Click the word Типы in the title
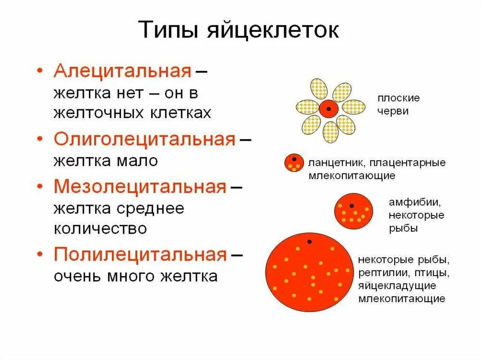[169, 31]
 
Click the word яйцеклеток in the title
[273, 31]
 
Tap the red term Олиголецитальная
[144, 139]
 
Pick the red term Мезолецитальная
[140, 187]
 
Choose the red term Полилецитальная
[140, 255]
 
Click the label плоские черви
[398, 105]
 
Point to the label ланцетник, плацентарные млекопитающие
[377, 169]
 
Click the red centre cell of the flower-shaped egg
[329, 109]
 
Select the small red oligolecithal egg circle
[294, 162]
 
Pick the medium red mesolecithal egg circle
[354, 211]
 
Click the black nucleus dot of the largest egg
[310, 242]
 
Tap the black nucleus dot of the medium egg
[351, 205]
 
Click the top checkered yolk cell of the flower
[319, 89]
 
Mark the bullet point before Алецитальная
[40, 71]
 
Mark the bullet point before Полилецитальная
[40, 255]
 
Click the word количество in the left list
[101, 229]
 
